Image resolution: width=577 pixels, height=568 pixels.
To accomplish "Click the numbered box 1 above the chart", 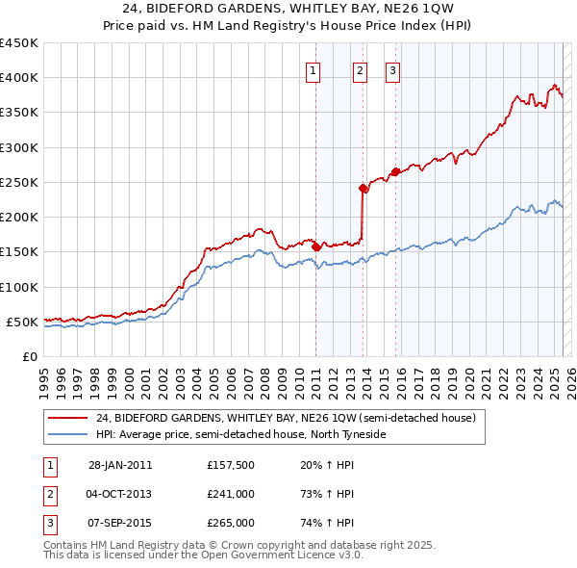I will pyautogui.click(x=314, y=69).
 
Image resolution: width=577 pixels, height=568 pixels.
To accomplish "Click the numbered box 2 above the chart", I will pyautogui.click(x=360, y=69).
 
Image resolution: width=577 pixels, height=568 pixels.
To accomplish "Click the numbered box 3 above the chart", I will pyautogui.click(x=393, y=69).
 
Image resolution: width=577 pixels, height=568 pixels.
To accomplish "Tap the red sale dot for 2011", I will pyautogui.click(x=316, y=247).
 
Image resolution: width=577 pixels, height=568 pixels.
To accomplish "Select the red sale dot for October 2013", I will pyautogui.click(x=363, y=189).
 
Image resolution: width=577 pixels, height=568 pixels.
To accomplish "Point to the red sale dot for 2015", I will pyautogui.click(x=395, y=172).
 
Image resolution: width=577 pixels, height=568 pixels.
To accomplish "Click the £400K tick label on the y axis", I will pyautogui.click(x=18, y=78).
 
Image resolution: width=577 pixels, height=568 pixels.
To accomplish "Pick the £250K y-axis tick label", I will pyautogui.click(x=18, y=182).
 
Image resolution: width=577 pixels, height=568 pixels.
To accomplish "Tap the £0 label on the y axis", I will pyautogui.click(x=30, y=356).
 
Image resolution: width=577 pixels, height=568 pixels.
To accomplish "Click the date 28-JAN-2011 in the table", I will pyautogui.click(x=120, y=466).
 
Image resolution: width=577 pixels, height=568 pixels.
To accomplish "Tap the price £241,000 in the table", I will pyautogui.click(x=231, y=495).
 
